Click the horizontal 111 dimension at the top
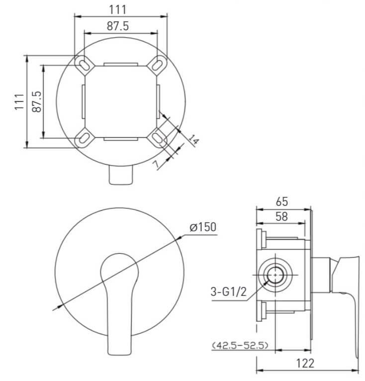[x=118, y=10]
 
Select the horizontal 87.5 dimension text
[x=118, y=26]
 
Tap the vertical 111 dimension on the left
[x=19, y=101]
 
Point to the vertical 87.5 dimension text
[x=37, y=101]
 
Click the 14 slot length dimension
[x=194, y=140]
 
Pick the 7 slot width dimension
[x=157, y=164]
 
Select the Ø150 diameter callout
[x=203, y=227]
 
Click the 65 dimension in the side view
[x=282, y=201]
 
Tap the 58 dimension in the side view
[x=281, y=216]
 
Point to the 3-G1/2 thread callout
[x=228, y=291]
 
